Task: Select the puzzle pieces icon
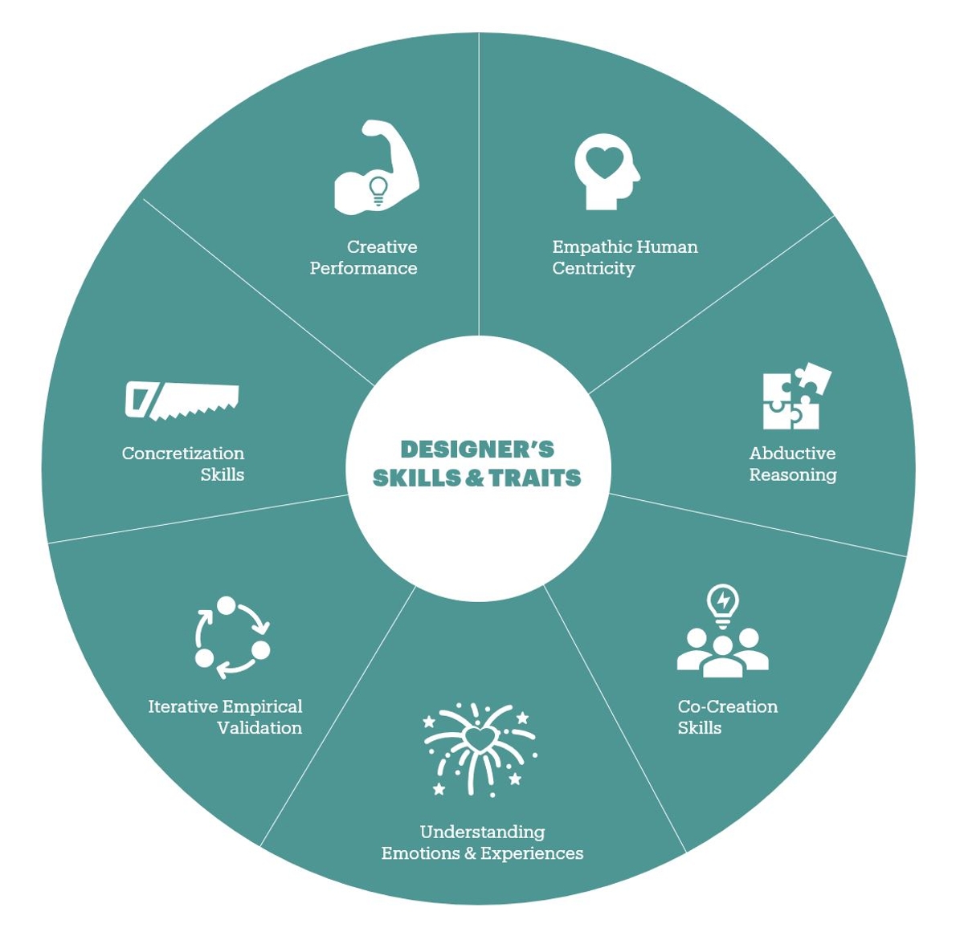click(794, 397)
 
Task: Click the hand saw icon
click(182, 399)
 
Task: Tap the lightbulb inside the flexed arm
click(378, 189)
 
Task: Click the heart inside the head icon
click(603, 161)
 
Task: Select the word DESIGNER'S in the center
click(477, 449)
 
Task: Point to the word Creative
click(382, 246)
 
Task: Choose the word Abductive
click(792, 454)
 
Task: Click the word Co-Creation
click(727, 706)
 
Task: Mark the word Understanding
click(482, 832)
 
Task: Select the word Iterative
click(182, 706)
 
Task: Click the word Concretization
click(182, 454)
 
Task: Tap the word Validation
click(259, 728)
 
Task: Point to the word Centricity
click(593, 268)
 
